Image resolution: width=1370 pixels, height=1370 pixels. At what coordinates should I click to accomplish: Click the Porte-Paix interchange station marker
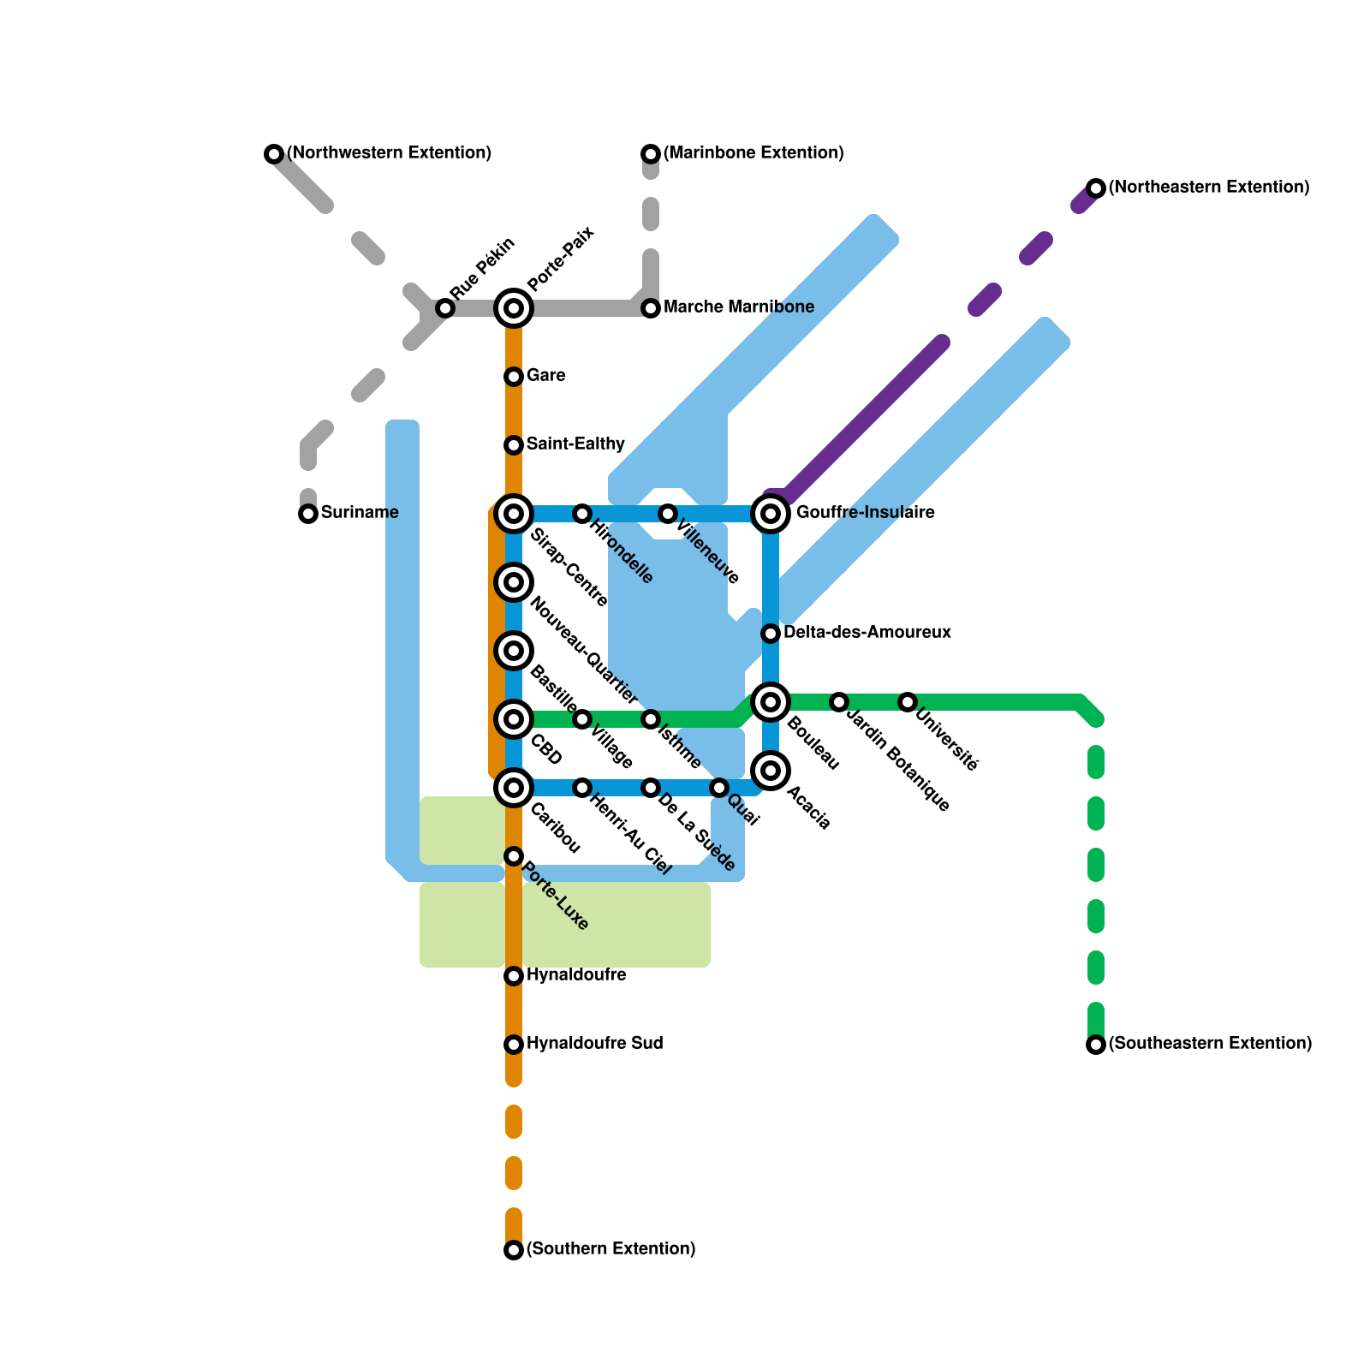click(514, 308)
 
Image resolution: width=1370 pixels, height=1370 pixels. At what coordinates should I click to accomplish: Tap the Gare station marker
click(514, 377)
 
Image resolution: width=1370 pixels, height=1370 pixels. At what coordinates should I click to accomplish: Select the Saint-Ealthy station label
click(575, 444)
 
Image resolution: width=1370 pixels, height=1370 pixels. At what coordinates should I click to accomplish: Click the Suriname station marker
click(308, 514)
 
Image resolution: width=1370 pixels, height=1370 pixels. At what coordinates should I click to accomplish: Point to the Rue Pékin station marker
click(445, 308)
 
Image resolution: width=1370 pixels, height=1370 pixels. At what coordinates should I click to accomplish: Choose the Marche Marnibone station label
click(739, 307)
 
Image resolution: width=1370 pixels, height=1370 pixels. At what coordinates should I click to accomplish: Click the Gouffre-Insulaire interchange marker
click(771, 514)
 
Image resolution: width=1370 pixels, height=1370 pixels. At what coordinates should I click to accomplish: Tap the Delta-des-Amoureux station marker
click(771, 634)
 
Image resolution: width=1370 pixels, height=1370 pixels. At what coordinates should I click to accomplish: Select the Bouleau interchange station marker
click(771, 702)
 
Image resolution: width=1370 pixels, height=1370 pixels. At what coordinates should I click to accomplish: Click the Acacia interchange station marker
click(771, 771)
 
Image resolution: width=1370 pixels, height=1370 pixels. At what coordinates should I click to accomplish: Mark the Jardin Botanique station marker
click(839, 702)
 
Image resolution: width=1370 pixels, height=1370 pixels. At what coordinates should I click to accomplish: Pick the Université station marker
click(908, 702)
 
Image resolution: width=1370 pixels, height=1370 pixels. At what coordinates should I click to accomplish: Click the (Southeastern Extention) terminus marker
click(1096, 1045)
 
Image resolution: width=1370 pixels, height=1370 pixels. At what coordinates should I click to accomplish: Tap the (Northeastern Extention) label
click(1209, 188)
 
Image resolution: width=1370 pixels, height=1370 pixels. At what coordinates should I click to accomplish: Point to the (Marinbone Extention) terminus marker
click(651, 154)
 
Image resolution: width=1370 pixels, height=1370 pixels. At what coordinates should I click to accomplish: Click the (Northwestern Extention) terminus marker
click(274, 154)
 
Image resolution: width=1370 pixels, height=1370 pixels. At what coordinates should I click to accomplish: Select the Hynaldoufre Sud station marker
click(514, 1045)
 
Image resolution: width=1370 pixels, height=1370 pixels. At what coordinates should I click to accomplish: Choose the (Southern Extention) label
click(611, 1249)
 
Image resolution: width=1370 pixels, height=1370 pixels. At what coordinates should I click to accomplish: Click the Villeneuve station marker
click(668, 514)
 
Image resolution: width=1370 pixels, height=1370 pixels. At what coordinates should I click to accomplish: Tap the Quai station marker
click(719, 788)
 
